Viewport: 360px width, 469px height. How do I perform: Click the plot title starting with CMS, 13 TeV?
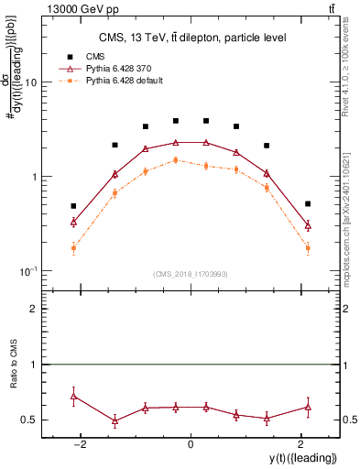(191, 38)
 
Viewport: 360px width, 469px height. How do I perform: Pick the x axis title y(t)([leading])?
(300, 459)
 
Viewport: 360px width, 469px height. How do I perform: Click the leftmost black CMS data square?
(73, 206)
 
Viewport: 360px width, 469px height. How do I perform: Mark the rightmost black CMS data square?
(308, 203)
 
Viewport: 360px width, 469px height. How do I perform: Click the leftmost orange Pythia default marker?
(73, 248)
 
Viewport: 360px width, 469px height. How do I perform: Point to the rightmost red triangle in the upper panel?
(308, 224)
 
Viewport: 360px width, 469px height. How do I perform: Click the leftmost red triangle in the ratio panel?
(73, 396)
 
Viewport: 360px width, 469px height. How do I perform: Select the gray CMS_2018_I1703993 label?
(191, 274)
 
